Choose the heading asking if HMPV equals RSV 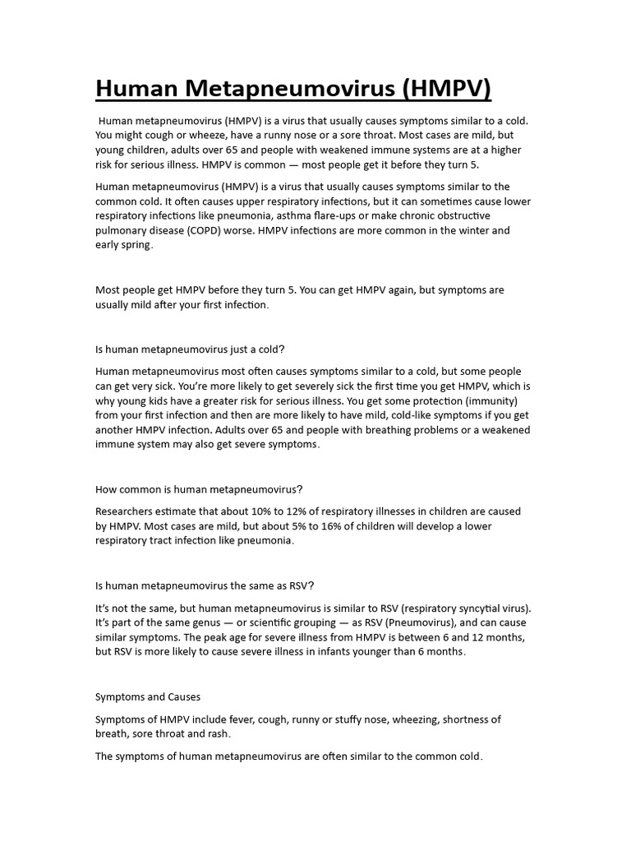point(205,585)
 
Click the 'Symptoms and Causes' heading point(148,696)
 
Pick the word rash point(216,733)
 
